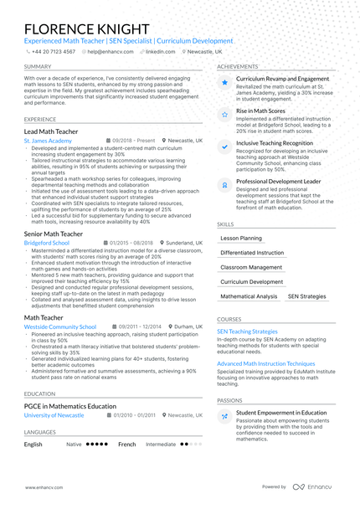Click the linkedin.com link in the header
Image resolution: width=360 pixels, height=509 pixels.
click(x=160, y=51)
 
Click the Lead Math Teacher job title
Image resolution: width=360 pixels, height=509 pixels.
click(x=50, y=131)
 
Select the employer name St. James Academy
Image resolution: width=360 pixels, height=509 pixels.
click(x=48, y=141)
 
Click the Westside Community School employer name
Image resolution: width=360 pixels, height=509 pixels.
click(x=59, y=326)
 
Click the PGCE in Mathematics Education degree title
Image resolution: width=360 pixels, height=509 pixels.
click(x=70, y=406)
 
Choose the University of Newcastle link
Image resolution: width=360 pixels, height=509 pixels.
click(x=54, y=415)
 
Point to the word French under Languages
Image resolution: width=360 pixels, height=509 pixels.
click(x=126, y=445)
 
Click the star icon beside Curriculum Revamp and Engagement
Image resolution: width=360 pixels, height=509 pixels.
click(x=224, y=83)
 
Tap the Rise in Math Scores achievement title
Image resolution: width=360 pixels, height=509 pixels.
click(x=260, y=111)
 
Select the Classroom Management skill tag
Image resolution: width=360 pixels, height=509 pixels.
click(x=251, y=267)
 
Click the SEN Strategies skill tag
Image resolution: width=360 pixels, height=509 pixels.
click(x=307, y=296)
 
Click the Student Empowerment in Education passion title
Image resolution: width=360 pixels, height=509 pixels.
click(x=281, y=413)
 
